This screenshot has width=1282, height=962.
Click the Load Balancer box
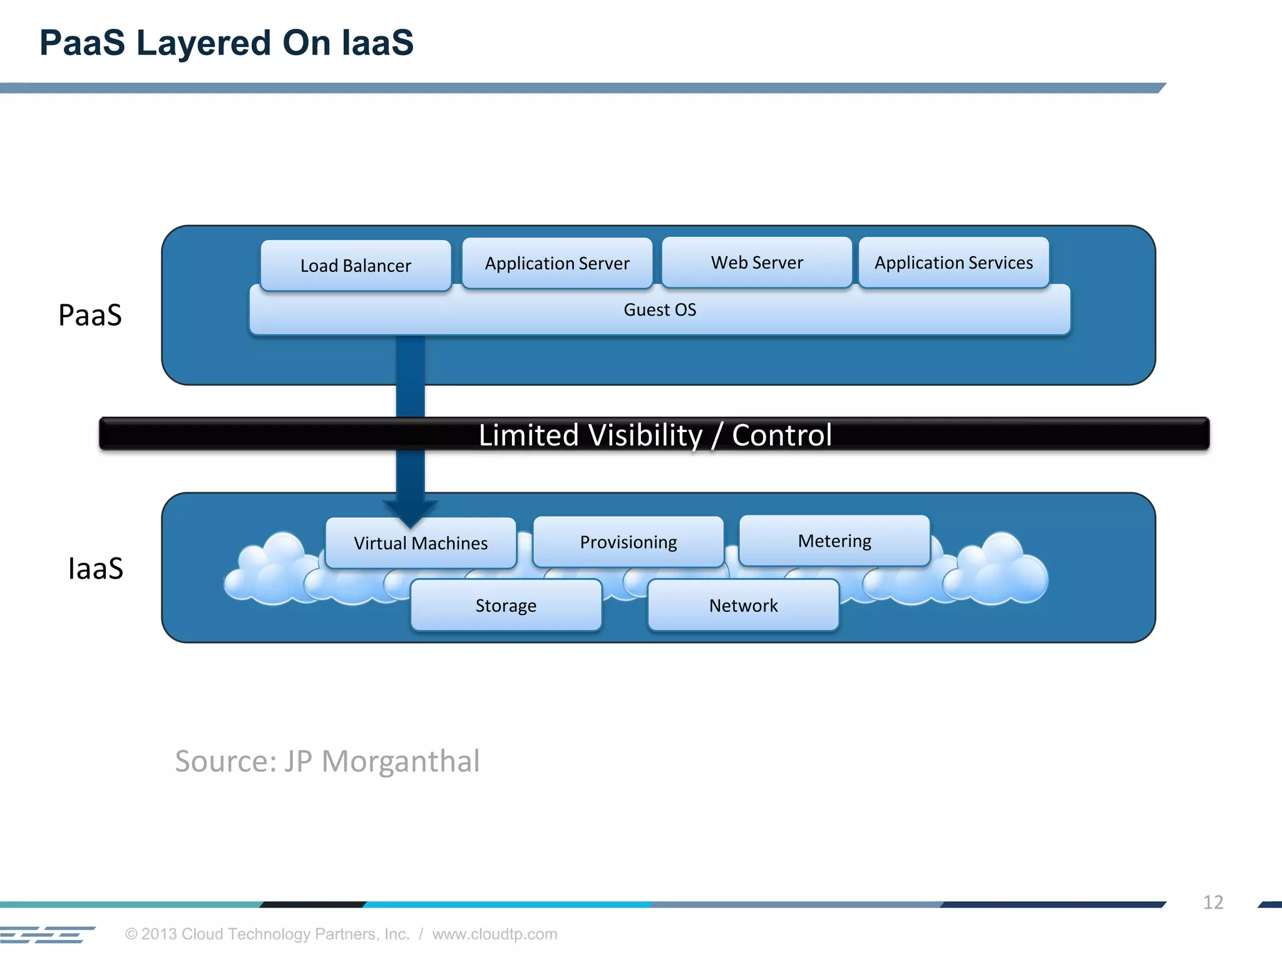point(356,266)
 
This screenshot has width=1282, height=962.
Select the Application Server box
point(557,263)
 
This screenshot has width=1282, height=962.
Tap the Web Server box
point(757,262)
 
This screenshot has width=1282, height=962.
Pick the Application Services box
point(953,262)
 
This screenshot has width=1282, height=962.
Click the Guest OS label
point(660,310)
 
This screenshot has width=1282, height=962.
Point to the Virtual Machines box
point(421,543)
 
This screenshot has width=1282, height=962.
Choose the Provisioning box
point(628,542)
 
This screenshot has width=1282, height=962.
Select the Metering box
point(834,540)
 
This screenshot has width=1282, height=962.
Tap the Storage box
point(506,606)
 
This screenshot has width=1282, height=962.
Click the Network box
point(743,606)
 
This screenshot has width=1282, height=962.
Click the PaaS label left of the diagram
point(90,315)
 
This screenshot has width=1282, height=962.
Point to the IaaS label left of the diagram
point(95,569)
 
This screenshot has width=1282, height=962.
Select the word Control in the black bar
point(782,435)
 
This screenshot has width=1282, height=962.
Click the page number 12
point(1213,902)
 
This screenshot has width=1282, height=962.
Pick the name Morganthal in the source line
point(401,762)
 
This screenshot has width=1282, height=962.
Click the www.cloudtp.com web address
point(495,934)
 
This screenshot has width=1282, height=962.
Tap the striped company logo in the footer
point(47,934)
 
